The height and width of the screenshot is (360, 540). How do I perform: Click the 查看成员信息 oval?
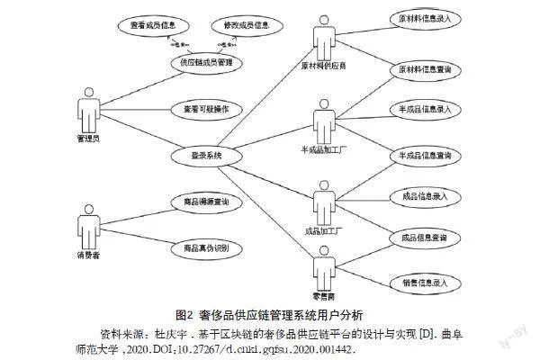tap(150, 26)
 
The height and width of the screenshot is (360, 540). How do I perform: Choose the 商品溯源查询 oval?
tap(199, 202)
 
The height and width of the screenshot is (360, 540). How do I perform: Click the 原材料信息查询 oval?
tap(419, 68)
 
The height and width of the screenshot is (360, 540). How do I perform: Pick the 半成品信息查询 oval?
tap(419, 156)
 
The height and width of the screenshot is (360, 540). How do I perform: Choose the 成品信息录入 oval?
tap(419, 195)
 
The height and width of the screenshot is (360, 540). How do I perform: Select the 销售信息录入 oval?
tap(419, 282)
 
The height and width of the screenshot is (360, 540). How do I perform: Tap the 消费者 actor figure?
tap(87, 228)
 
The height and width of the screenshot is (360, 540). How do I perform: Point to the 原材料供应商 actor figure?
tap(323, 38)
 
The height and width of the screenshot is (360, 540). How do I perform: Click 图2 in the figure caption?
tap(186, 314)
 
